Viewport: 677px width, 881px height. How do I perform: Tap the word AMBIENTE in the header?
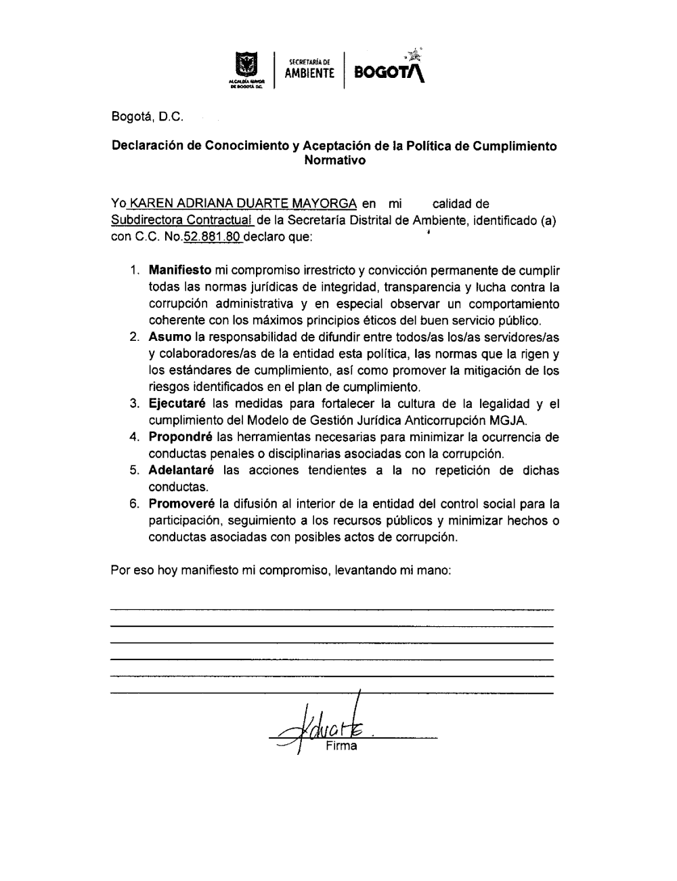(309, 73)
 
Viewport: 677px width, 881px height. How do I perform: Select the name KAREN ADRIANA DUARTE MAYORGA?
(243, 203)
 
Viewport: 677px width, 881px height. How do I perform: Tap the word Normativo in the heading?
(335, 161)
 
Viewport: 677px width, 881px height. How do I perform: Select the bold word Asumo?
(170, 337)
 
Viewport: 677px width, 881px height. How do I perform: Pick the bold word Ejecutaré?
(177, 404)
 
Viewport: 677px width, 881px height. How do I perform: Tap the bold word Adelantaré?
(181, 470)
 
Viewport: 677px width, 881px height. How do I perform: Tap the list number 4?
(135, 437)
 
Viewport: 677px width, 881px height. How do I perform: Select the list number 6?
(135, 504)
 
